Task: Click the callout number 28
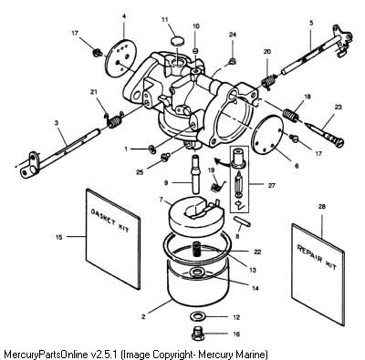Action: pyautogui.click(x=321, y=207)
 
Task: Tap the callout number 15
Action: pyautogui.click(x=59, y=237)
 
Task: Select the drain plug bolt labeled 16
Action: pyautogui.click(x=198, y=334)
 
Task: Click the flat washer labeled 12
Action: pyautogui.click(x=198, y=316)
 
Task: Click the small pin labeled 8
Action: pyautogui.click(x=242, y=221)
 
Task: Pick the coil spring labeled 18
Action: pyautogui.click(x=291, y=116)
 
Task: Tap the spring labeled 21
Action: pyautogui.click(x=114, y=120)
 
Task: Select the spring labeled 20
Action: pyautogui.click(x=269, y=81)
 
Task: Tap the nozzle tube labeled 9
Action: pyautogui.click(x=194, y=173)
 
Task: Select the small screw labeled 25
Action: pyautogui.click(x=165, y=158)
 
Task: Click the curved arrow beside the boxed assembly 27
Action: pyautogui.click(x=221, y=162)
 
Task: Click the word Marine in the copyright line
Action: pyautogui.click(x=253, y=355)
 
